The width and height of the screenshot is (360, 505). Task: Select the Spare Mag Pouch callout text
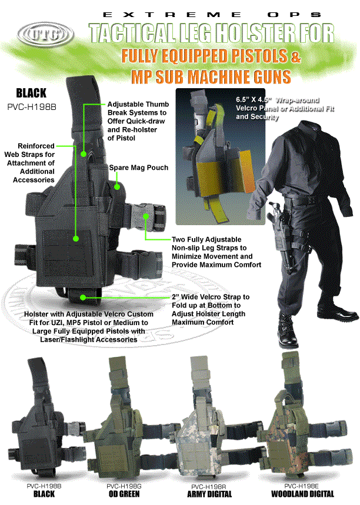139,168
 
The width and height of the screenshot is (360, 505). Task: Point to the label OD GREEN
124,494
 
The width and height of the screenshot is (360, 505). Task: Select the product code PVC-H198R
211,487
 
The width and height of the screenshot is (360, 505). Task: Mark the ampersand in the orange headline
295,57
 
